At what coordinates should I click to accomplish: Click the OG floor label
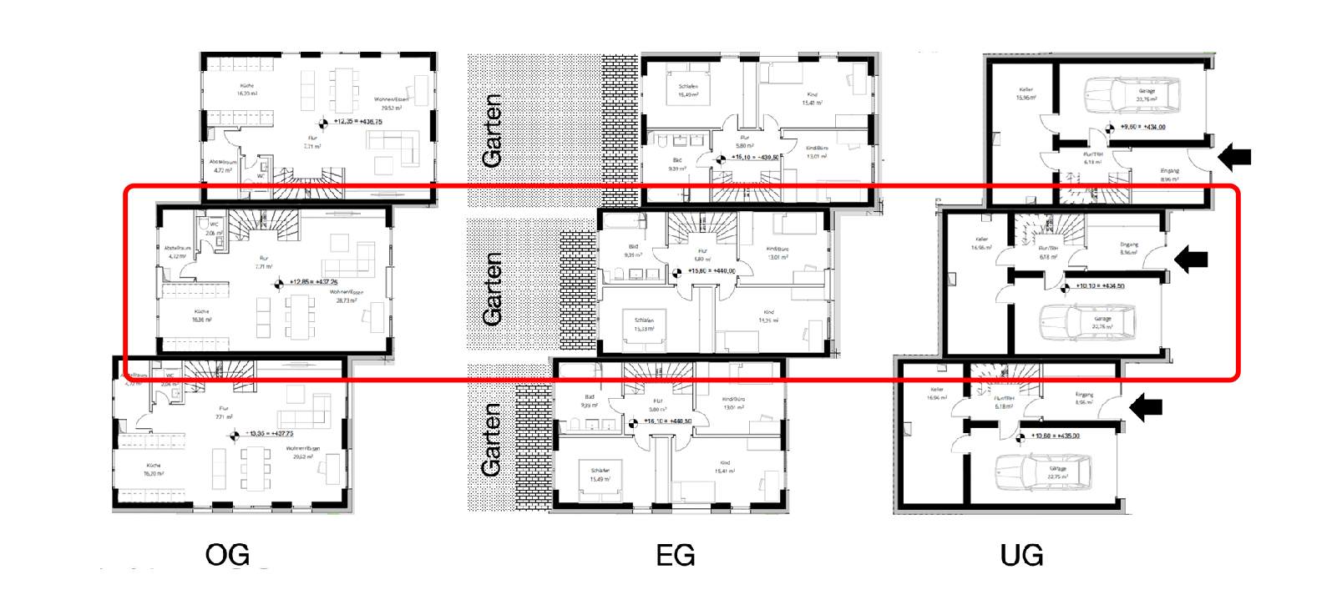coord(227,555)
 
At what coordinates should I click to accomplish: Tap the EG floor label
coord(675,555)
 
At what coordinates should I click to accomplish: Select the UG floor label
coord(1021,555)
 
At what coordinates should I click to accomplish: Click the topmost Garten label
coord(493,130)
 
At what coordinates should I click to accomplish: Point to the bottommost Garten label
coord(492,440)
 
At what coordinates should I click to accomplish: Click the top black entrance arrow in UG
coord(1234,156)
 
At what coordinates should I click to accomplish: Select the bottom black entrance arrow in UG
coord(1146,407)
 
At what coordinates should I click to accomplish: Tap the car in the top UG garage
coord(1132,96)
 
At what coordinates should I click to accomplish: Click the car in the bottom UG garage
coord(1043,473)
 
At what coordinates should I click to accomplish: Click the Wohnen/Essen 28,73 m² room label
coord(346,296)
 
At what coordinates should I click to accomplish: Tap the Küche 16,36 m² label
coord(201,315)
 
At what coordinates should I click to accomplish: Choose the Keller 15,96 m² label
coord(1025,93)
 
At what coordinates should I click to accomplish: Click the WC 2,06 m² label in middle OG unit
coord(214,229)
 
